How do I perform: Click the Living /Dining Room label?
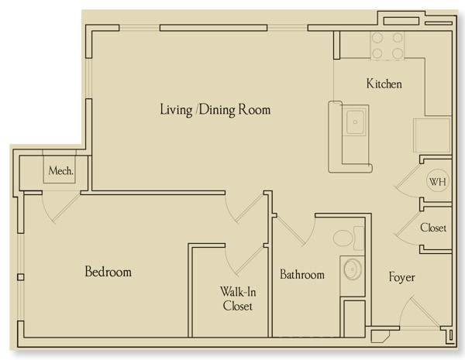215,110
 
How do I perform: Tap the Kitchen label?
384,84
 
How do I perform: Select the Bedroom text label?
108,272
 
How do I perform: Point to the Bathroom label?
302,274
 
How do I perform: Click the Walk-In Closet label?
238,299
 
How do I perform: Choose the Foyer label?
401,277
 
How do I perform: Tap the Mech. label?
60,170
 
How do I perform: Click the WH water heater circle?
437,181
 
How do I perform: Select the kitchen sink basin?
355,122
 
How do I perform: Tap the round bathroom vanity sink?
353,269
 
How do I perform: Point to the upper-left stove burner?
377,38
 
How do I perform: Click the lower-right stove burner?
398,53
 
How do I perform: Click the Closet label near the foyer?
433,228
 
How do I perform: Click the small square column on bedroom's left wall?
21,277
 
